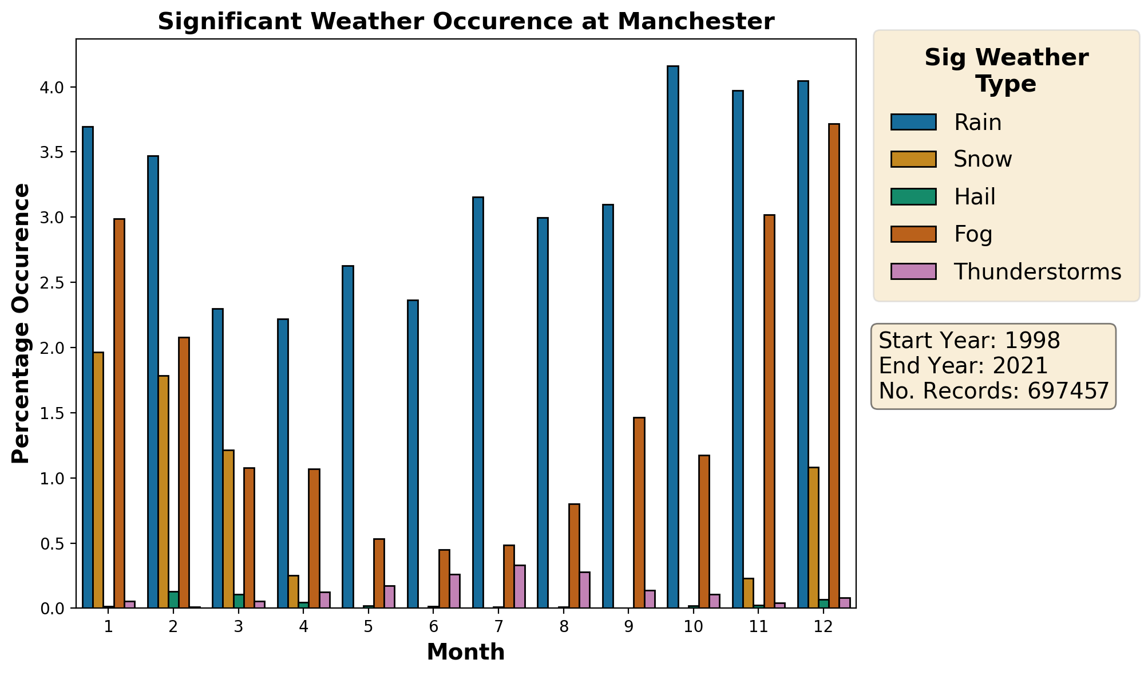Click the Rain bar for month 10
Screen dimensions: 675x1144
[672, 337]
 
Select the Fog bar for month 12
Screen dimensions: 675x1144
[834, 366]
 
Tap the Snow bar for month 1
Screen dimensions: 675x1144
[98, 480]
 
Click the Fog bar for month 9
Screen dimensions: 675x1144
[639, 513]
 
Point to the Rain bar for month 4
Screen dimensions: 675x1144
[283, 464]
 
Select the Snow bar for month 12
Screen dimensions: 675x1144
[813, 538]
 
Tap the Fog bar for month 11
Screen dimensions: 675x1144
[769, 412]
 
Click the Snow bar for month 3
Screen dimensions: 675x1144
[228, 529]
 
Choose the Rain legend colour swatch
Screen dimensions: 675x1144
[913, 122]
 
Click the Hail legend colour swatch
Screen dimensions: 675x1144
[913, 197]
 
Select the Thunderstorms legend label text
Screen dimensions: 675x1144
[1037, 272]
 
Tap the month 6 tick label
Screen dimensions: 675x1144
[433, 626]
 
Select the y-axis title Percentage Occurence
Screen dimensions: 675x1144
[21, 323]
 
